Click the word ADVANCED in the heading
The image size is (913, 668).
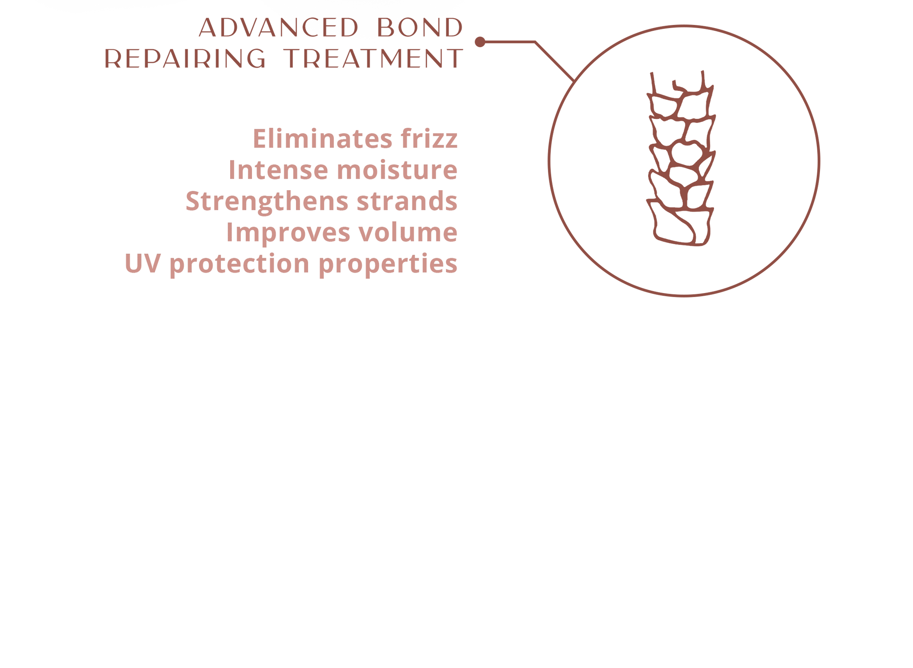(x=278, y=28)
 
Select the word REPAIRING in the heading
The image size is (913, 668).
(x=185, y=59)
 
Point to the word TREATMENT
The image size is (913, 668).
(x=373, y=59)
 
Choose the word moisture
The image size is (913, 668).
(x=397, y=170)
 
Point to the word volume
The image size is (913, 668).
(x=408, y=232)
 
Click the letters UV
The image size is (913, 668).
(x=142, y=264)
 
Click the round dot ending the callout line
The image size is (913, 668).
(x=480, y=42)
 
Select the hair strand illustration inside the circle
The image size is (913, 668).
(x=681, y=158)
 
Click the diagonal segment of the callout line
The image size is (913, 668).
(x=555, y=61)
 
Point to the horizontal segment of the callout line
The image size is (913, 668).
(x=510, y=42)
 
